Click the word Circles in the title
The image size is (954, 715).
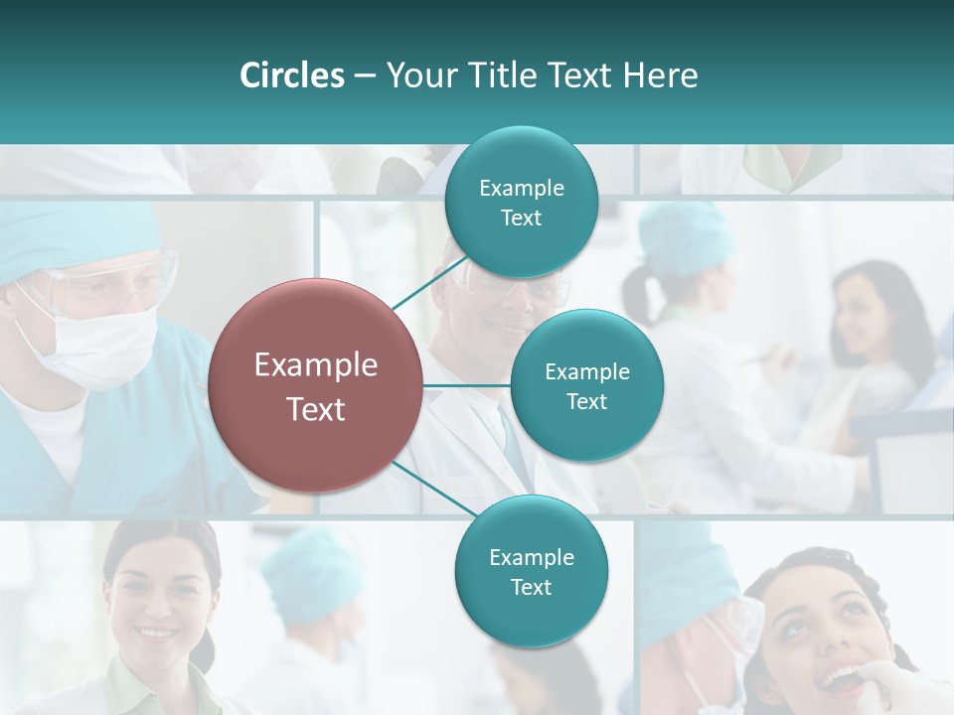pyautogui.click(x=292, y=75)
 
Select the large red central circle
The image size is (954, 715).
pyautogui.click(x=315, y=385)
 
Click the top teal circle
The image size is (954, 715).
pyautogui.click(x=521, y=202)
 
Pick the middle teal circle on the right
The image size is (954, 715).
pyautogui.click(x=586, y=385)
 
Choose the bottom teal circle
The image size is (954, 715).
pyautogui.click(x=531, y=571)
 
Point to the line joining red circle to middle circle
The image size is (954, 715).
pyautogui.click(x=467, y=385)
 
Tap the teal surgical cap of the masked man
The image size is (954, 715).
pyautogui.click(x=60, y=238)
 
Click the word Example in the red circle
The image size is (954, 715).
pyautogui.click(x=315, y=364)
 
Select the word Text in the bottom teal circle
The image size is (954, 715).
pyautogui.click(x=531, y=587)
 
